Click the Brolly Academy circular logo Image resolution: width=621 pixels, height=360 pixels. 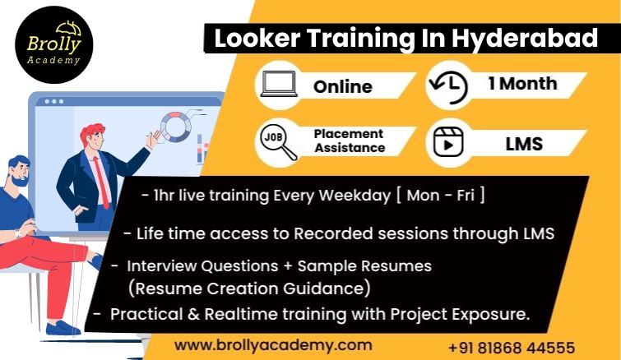click(x=53, y=44)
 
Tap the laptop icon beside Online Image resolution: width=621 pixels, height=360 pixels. click(x=279, y=84)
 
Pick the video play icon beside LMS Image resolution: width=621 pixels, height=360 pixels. click(x=448, y=142)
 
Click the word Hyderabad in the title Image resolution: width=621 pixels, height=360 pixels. click(x=525, y=39)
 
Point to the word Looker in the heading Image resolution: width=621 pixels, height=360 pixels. click(x=257, y=39)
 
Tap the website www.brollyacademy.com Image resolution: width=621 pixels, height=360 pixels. click(x=273, y=345)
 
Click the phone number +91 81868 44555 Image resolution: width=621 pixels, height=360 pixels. click(x=512, y=348)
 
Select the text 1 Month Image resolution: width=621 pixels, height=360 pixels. click(x=523, y=84)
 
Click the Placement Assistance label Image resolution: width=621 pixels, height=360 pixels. click(x=350, y=141)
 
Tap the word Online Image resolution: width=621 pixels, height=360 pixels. click(x=343, y=86)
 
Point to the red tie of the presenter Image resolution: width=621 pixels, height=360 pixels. click(x=101, y=182)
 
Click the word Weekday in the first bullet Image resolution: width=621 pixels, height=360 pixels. click(x=355, y=196)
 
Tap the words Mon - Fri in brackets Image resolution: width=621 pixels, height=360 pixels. click(x=440, y=196)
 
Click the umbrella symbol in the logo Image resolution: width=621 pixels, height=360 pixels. click(x=68, y=28)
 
